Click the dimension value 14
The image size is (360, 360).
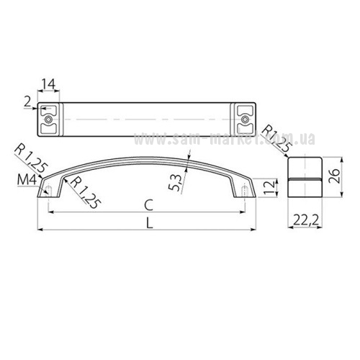tap(49, 84)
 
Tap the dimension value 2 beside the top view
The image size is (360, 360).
tap(27, 102)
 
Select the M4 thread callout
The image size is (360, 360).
tap(27, 179)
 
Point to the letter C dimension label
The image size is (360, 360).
tap(149, 205)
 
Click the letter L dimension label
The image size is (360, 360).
tap(150, 223)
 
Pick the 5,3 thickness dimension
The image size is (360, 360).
tap(176, 182)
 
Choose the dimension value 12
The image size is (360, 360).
tap(270, 188)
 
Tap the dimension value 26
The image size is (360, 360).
tap(334, 176)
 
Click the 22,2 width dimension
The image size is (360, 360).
tap(305, 220)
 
